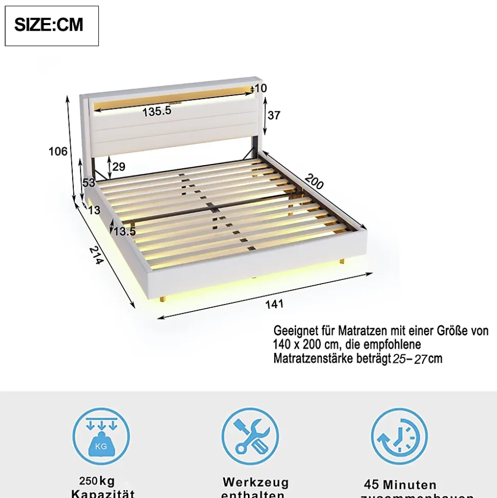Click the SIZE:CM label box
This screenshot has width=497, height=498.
(x=51, y=26)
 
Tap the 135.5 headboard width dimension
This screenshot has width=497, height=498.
(x=157, y=111)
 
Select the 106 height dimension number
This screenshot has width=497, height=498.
(x=58, y=151)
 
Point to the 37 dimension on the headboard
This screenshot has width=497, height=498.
(x=274, y=115)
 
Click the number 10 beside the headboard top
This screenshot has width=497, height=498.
(x=260, y=88)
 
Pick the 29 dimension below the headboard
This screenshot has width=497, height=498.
(x=119, y=167)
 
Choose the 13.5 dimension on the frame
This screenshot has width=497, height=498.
(x=125, y=231)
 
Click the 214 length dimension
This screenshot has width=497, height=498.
(x=96, y=255)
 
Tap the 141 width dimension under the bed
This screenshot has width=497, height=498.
(x=274, y=304)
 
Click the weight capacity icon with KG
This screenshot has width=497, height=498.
(x=101, y=436)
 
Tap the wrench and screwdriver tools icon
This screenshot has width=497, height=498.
(x=250, y=436)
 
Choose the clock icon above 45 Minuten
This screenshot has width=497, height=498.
(x=399, y=436)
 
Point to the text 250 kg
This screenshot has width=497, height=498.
(x=97, y=481)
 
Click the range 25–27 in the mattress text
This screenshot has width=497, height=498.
(x=410, y=358)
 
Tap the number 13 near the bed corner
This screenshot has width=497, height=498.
(x=94, y=209)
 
